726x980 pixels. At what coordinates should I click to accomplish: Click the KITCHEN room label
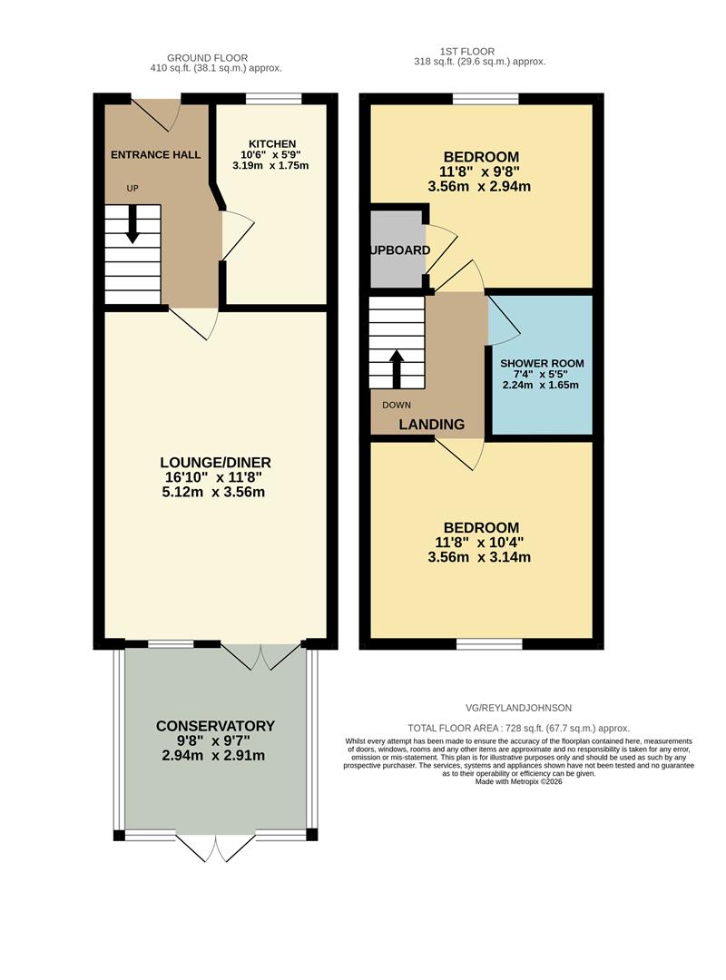[x=272, y=143]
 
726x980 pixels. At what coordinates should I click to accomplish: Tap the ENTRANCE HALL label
[x=155, y=155]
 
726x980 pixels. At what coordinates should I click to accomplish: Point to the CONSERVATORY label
[x=215, y=726]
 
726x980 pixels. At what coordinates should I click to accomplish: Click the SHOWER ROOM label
[x=542, y=363]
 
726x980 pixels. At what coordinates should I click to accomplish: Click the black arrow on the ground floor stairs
[x=132, y=224]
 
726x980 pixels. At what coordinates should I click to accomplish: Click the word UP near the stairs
[x=132, y=189]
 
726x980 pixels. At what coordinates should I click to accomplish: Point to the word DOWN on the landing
[x=397, y=405]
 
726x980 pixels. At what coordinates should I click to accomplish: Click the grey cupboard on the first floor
[x=397, y=250]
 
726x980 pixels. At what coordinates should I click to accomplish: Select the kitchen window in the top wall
[x=273, y=99]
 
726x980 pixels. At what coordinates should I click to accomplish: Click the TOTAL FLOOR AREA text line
[x=518, y=728]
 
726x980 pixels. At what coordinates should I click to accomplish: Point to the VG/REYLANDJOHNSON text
[x=514, y=708]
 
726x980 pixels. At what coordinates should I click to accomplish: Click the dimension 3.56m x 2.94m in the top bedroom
[x=479, y=187]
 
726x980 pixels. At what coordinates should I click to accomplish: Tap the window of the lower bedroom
[x=489, y=644]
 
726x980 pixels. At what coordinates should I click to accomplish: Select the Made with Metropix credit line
[x=518, y=781]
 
